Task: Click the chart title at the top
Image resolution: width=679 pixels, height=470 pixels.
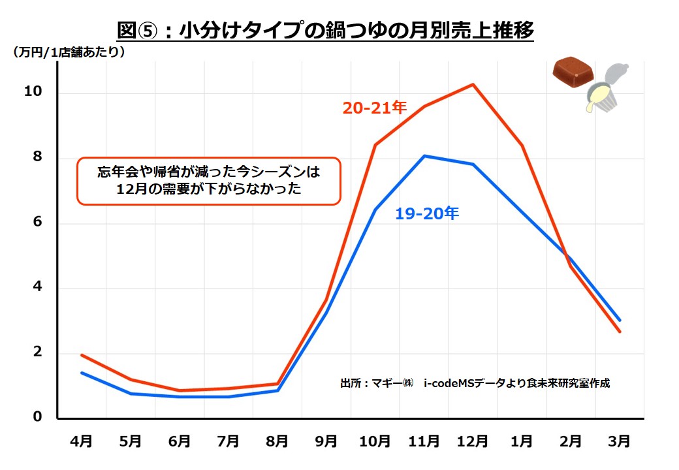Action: coord(325,31)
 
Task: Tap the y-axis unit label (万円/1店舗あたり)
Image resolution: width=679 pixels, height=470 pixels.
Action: coord(68,53)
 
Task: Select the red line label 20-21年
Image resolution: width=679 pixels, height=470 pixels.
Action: coord(375,108)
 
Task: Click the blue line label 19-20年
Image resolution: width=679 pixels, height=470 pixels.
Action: coord(427,213)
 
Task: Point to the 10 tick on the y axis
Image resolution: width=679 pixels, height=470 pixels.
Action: coord(33,92)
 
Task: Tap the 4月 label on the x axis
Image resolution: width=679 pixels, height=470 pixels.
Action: coord(81,441)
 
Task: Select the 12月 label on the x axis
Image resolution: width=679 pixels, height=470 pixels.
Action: coord(472,441)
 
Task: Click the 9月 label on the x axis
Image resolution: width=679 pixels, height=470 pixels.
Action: coord(326,441)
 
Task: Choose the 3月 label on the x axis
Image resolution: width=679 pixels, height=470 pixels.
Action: coord(619,441)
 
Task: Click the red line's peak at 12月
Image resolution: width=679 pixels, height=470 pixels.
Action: coord(472,84)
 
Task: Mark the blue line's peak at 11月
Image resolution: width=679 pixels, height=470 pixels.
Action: coord(424,155)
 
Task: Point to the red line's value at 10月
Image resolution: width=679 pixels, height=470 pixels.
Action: coord(375,145)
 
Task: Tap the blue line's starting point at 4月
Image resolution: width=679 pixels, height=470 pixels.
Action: coord(81,373)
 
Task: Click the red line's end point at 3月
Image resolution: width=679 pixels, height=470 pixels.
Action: coord(619,332)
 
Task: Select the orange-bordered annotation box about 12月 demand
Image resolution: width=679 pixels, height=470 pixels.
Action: coord(209,181)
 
